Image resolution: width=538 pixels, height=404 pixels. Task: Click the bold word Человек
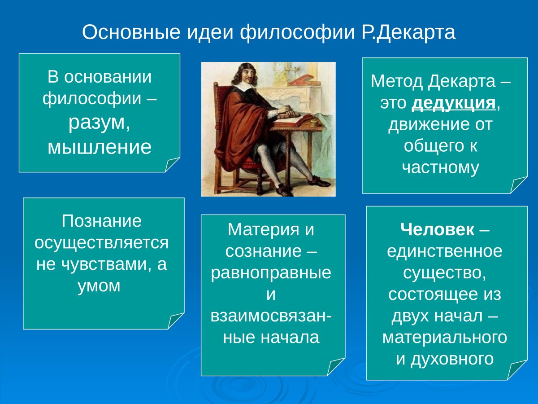pyautogui.click(x=437, y=229)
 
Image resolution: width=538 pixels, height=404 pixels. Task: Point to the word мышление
pyautogui.click(x=100, y=147)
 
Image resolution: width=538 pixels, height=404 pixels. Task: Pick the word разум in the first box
pyautogui.click(x=96, y=123)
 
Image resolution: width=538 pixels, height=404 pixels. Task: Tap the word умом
pyautogui.click(x=99, y=285)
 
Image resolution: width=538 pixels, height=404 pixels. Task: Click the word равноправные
pyautogui.click(x=271, y=272)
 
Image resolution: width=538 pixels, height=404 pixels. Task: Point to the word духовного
pyautogui.click(x=445, y=359)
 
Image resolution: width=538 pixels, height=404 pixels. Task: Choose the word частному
pyautogui.click(x=441, y=167)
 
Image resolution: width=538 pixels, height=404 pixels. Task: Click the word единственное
pyautogui.click(x=445, y=251)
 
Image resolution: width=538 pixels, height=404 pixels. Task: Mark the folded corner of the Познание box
pyautogui.click(x=175, y=321)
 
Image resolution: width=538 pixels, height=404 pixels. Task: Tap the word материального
pyautogui.click(x=445, y=338)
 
